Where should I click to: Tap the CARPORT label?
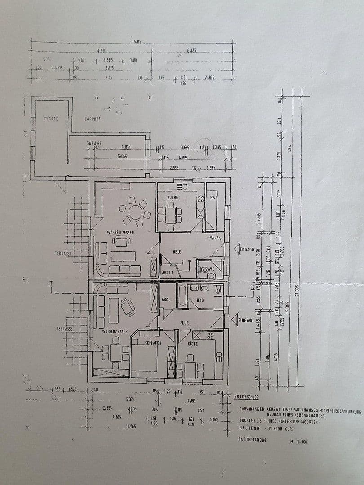(93, 119)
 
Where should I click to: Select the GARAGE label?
(94, 143)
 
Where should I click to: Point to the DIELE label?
(176, 252)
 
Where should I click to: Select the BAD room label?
(200, 300)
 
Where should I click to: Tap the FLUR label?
(184, 322)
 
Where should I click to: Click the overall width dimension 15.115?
(137, 42)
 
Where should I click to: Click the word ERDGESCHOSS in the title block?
(246, 397)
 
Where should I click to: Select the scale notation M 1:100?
(299, 441)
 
